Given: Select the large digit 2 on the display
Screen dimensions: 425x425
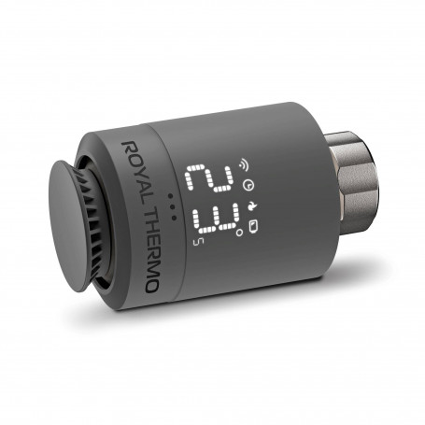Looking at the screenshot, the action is [209, 178].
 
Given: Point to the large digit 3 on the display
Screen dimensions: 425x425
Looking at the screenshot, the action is [216, 219].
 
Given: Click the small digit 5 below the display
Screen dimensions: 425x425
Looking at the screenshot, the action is [197, 242].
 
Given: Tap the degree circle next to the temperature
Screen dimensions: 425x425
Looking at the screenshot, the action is [239, 233].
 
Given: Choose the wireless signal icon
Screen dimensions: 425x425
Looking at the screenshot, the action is [244, 164].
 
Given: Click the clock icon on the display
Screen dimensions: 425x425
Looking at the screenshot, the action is [248, 185].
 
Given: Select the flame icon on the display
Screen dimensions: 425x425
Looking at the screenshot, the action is [251, 205].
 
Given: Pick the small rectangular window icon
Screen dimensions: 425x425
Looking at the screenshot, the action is [253, 225].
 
